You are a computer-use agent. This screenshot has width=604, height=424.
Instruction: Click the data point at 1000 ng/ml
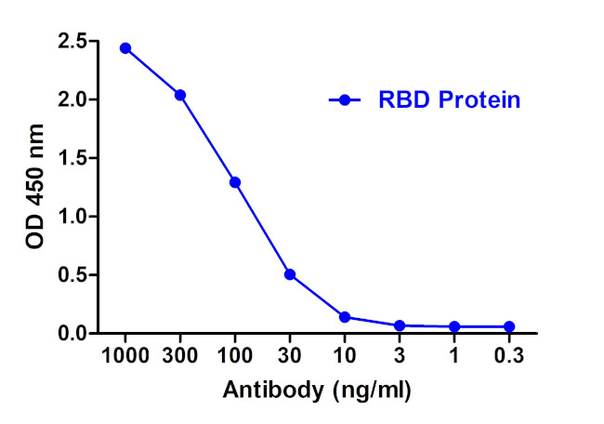pyautogui.click(x=125, y=47)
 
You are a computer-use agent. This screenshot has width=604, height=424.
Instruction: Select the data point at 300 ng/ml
pyautogui.click(x=180, y=95)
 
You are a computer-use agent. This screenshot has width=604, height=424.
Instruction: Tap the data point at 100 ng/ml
pyautogui.click(x=235, y=182)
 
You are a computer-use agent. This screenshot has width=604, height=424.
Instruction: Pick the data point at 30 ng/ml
pyautogui.click(x=290, y=274)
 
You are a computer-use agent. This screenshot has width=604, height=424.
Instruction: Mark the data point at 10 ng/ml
pyautogui.click(x=345, y=317)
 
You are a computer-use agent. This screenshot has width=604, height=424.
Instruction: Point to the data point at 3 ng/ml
pyautogui.click(x=400, y=325)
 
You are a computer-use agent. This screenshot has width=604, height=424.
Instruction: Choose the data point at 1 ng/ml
pyautogui.click(x=454, y=326)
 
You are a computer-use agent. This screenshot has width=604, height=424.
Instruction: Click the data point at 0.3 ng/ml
pyautogui.click(x=509, y=326)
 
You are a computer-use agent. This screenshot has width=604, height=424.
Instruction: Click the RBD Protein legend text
pyautogui.click(x=449, y=100)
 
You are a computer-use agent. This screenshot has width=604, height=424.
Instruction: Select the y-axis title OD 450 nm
pyautogui.click(x=35, y=186)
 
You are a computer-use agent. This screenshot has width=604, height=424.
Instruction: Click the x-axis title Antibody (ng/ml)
pyautogui.click(x=317, y=389)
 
